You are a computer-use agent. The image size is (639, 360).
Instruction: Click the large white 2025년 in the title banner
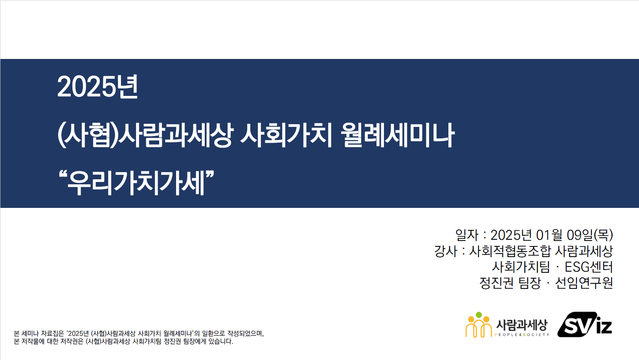pos(97,87)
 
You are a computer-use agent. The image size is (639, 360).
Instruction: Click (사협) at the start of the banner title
pos(88,135)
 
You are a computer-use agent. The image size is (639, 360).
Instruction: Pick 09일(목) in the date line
pos(590,235)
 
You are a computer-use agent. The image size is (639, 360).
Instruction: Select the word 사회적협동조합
pos(510,251)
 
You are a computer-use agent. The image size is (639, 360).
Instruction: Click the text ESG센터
pos(589,267)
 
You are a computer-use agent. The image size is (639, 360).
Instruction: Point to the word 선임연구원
pos(584,283)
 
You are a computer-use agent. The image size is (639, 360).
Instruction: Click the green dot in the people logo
pos(479,315)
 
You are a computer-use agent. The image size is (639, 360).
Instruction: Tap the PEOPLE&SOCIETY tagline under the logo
pos(522,334)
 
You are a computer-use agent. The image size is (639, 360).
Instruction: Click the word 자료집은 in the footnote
pos(53,333)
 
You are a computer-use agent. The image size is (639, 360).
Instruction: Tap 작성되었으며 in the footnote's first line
pos(246,333)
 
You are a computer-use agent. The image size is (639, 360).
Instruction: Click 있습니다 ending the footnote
pos(220,342)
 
